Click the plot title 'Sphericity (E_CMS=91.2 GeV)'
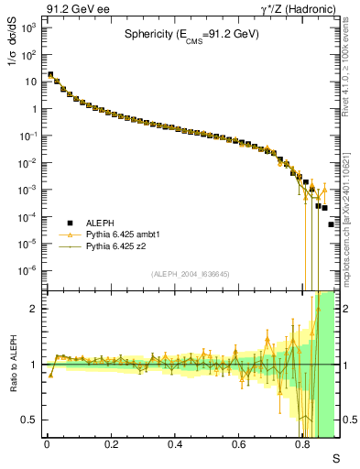click(192, 35)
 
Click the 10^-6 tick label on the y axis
click(28, 270)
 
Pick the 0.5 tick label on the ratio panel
click(30, 420)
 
